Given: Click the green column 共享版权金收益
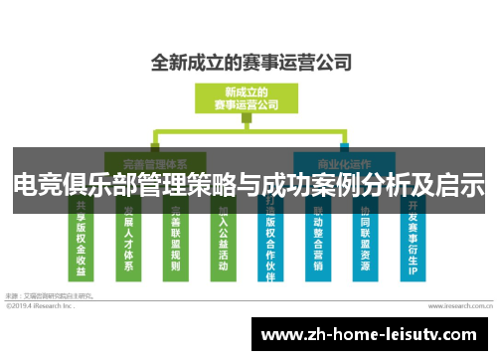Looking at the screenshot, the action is [x=83, y=239].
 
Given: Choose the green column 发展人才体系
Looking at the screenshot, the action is [x=129, y=239].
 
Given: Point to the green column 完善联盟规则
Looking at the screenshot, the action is [x=176, y=239].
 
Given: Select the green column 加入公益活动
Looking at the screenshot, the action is [x=223, y=239].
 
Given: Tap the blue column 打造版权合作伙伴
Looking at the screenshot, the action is [x=271, y=239].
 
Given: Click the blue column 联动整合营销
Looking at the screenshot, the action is [x=318, y=239].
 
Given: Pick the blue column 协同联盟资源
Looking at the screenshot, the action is [x=366, y=239].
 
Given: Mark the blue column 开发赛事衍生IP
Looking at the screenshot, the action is [x=413, y=239].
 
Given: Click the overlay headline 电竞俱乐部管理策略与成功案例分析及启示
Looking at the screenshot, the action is [x=248, y=185].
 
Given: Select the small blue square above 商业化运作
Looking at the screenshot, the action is [x=344, y=132].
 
